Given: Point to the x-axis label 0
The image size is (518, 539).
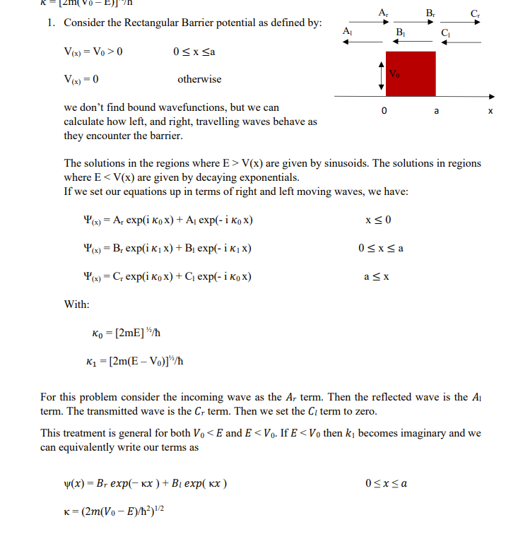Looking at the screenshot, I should pos(384,111).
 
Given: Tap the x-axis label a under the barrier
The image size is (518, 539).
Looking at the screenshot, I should pos(436,111).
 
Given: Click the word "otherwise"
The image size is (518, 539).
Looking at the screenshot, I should pos(199,79).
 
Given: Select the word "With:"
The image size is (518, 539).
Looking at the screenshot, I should pos(76,304).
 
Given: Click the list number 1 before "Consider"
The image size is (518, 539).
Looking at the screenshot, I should pos(51,23).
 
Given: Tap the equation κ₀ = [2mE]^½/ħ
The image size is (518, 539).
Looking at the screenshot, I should pos(129,333).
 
